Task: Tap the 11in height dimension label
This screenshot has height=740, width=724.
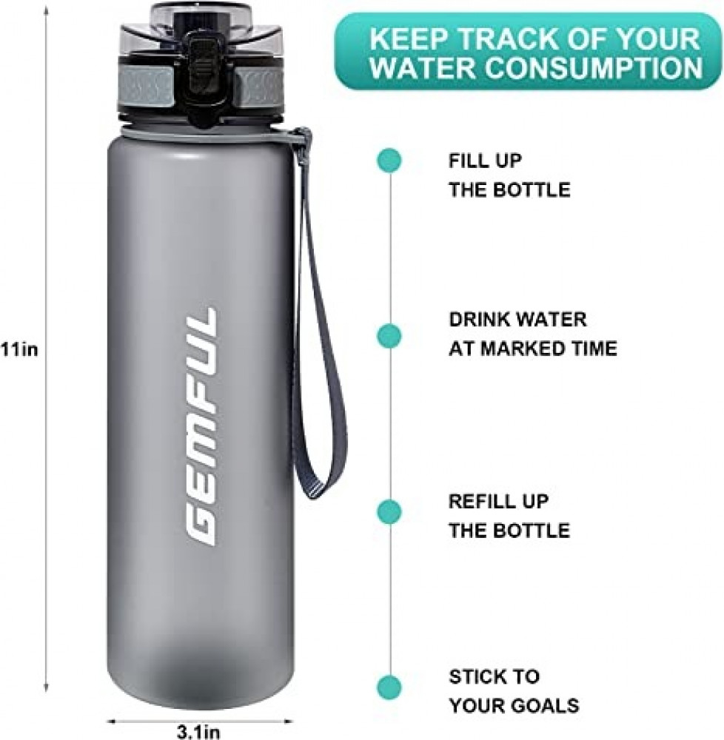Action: tap(19, 350)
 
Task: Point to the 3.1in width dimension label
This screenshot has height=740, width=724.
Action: tap(198, 732)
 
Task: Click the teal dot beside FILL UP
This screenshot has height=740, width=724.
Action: tap(389, 161)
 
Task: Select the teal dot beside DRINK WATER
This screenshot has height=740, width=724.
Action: tap(389, 337)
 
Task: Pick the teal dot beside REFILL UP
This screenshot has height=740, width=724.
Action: tap(389, 511)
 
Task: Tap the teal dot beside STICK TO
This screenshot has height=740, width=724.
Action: tap(389, 686)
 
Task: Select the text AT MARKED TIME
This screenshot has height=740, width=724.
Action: tap(533, 349)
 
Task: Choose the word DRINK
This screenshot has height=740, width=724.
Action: tap(478, 320)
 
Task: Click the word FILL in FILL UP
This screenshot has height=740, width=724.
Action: tap(468, 161)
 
